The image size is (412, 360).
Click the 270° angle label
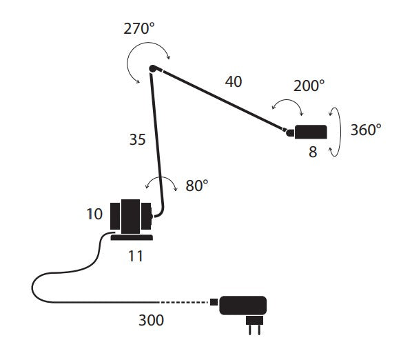(x=139, y=28)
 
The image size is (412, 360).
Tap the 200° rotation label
(x=309, y=86)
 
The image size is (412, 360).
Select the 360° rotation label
(x=366, y=130)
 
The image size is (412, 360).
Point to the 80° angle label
(x=197, y=186)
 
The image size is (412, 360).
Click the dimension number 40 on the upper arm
(x=234, y=81)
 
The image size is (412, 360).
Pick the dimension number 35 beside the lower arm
(x=137, y=139)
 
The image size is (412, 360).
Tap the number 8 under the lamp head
(x=313, y=152)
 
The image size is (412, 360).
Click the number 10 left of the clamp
(x=94, y=214)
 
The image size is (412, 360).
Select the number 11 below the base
(x=136, y=256)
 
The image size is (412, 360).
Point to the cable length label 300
(x=151, y=320)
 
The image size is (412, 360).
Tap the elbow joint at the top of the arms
(x=153, y=69)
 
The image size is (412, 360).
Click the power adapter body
(x=243, y=306)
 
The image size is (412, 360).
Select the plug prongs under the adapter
(x=254, y=326)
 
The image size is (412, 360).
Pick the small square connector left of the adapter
(x=214, y=302)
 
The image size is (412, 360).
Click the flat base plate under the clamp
(x=132, y=237)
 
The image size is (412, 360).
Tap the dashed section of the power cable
(x=184, y=302)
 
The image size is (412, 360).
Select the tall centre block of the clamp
(x=131, y=217)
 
